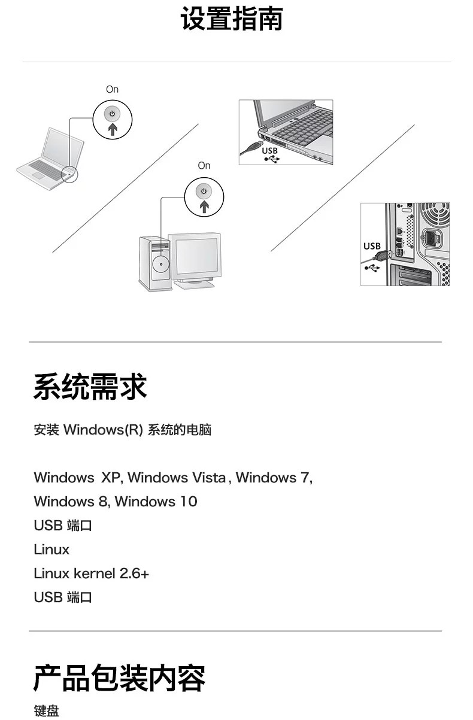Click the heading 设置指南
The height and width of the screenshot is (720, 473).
pyautogui.click(x=231, y=19)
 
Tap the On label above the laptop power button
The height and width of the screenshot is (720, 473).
pyautogui.click(x=112, y=89)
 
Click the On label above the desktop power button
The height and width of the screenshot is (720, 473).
pyautogui.click(x=204, y=165)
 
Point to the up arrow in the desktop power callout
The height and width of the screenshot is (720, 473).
pyautogui.click(x=204, y=206)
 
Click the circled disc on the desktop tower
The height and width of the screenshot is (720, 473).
pyautogui.click(x=160, y=264)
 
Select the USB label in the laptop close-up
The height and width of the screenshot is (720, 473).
pyautogui.click(x=270, y=150)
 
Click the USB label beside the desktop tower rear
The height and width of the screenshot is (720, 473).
pyautogui.click(x=372, y=245)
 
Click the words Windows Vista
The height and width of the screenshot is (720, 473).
pyautogui.click(x=177, y=478)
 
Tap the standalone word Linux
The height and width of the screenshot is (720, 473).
pyautogui.click(x=51, y=549)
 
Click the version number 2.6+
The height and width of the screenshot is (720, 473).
pyautogui.click(x=134, y=573)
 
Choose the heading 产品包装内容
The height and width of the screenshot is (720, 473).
pyautogui.click(x=119, y=678)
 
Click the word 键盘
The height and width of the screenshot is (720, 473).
pyautogui.click(x=46, y=711)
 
